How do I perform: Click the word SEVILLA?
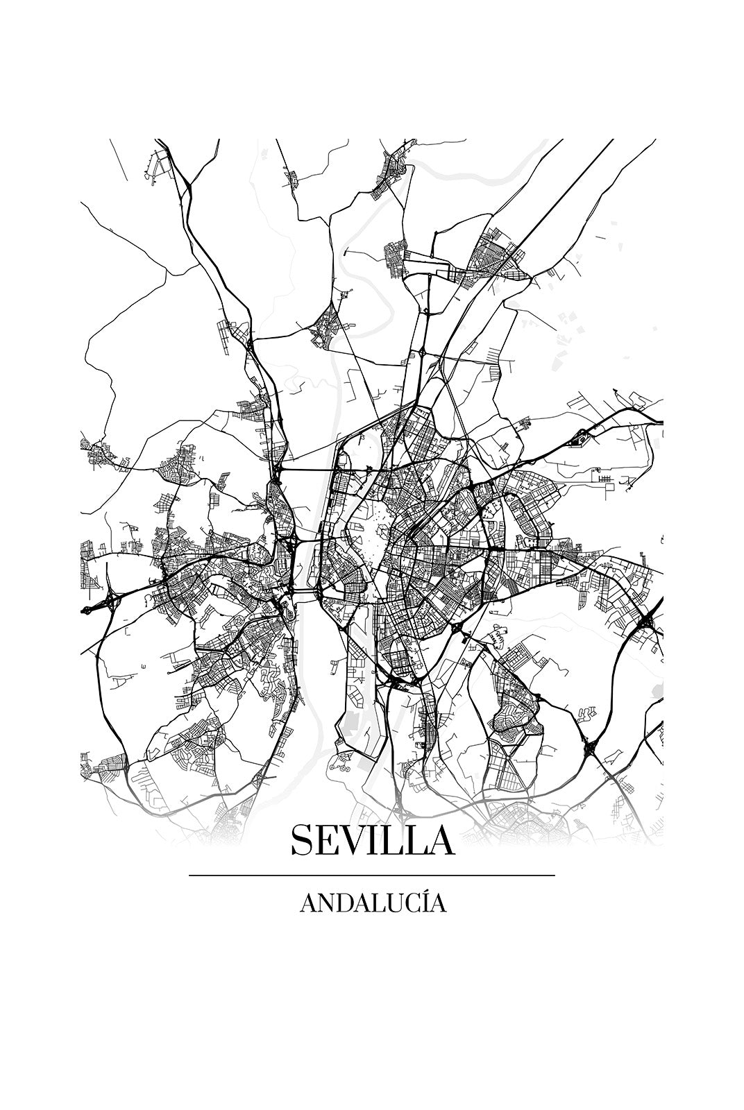coord(372,840)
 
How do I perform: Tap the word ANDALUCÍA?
coord(373,903)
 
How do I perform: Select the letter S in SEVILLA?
coord(303,840)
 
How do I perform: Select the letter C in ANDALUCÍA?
coord(405,903)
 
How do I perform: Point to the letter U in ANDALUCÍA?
coord(386,903)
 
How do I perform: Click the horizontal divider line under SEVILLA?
coord(372,876)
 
